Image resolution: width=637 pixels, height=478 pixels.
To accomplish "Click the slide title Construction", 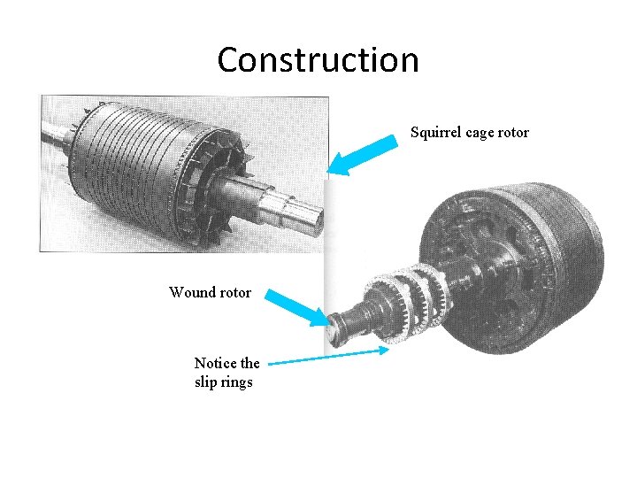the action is click(x=318, y=60).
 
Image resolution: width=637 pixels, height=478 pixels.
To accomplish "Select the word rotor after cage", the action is click(x=514, y=133).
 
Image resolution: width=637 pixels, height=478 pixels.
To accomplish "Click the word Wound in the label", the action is click(x=191, y=292).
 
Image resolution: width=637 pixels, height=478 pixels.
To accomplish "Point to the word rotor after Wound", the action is click(x=234, y=292).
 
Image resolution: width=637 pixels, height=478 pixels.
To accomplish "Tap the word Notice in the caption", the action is click(x=215, y=363).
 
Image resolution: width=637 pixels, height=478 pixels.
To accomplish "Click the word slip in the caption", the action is click(x=205, y=382).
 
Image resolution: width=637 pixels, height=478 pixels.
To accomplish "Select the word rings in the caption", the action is click(x=236, y=382).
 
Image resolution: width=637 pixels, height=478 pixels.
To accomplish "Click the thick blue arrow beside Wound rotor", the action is click(x=297, y=305).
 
